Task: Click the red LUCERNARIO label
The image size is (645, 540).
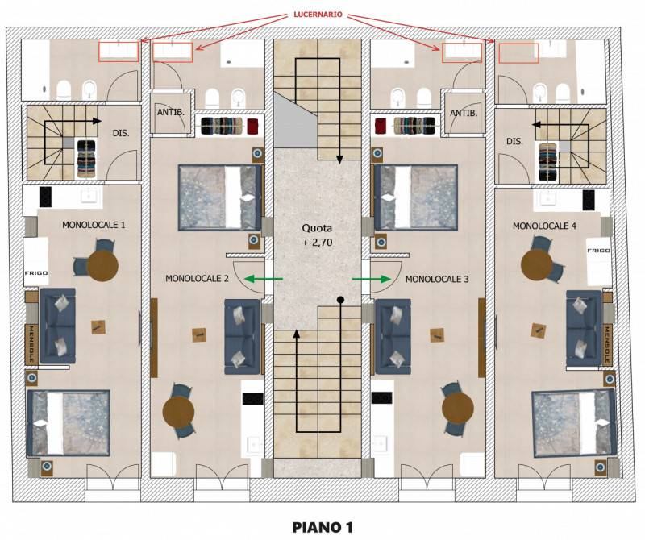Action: point(318,15)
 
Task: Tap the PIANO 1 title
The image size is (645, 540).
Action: point(322,527)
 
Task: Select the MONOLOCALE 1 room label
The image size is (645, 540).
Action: point(94,225)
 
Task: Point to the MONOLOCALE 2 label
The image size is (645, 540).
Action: point(197,278)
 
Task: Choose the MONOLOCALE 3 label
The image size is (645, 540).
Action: point(437,279)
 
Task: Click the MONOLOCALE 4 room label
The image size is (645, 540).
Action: point(544,226)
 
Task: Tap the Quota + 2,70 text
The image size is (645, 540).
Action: point(317,235)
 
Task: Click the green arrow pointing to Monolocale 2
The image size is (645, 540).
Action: point(264,279)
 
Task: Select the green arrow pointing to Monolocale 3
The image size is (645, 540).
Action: point(372,279)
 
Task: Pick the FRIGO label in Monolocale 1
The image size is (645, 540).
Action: point(36,273)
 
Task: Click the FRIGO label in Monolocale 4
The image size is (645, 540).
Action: point(598,251)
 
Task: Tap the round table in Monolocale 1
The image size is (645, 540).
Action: point(102,266)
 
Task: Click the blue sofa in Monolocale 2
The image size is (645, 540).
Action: point(243,336)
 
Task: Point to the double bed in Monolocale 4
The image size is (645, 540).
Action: point(574,423)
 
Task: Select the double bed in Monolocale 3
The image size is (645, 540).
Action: point(416,197)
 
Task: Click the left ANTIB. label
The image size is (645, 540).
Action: point(171,112)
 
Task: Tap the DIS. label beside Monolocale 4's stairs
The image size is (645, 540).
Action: point(514,142)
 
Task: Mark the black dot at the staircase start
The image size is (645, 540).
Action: point(340,300)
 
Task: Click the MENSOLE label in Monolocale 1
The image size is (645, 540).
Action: point(31,344)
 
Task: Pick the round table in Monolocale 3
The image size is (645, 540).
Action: point(458,409)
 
